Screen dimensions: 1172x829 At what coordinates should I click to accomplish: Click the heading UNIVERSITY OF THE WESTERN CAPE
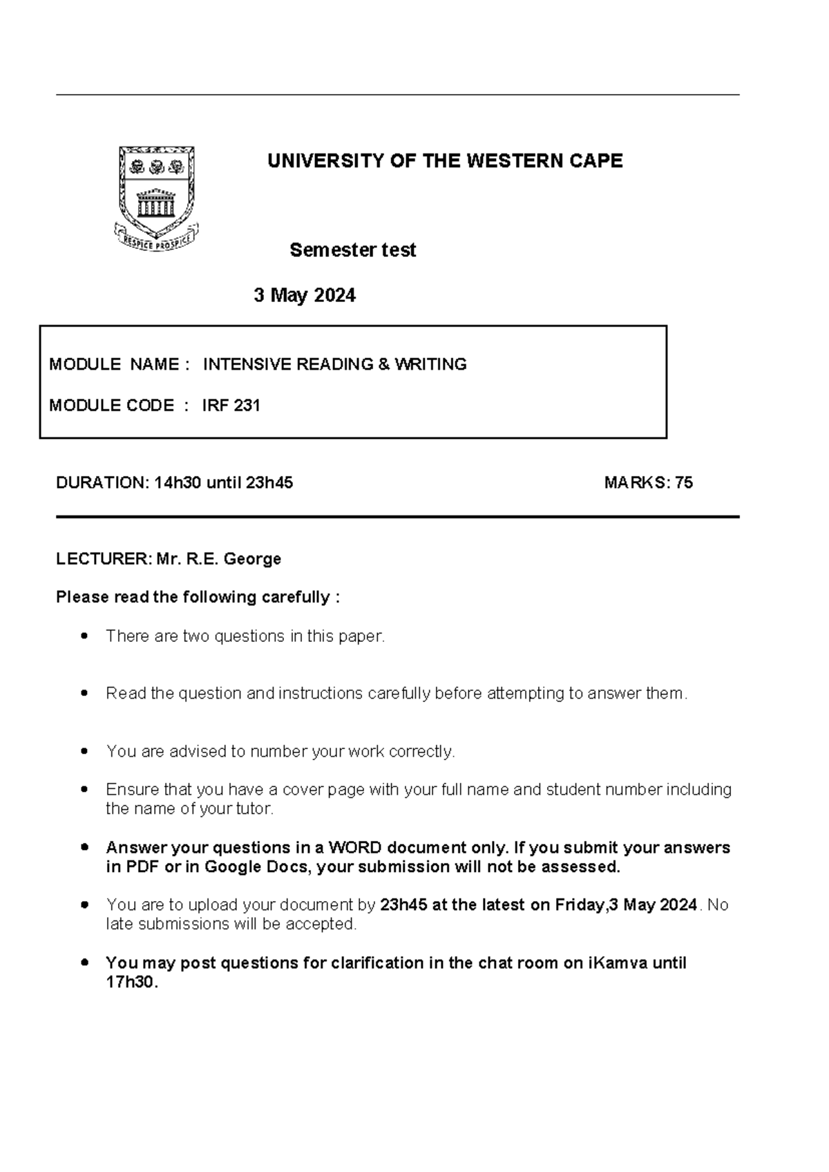tap(445, 161)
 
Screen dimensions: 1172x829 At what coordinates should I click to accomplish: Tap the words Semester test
tap(352, 250)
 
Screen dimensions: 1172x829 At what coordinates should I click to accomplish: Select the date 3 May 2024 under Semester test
tap(305, 296)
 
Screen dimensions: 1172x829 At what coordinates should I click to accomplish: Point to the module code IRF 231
tap(231, 406)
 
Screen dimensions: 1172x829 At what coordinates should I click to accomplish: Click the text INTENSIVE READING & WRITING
tap(334, 364)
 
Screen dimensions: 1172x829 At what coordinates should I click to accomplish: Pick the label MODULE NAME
tap(115, 364)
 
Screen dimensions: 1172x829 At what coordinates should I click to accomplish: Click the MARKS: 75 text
tap(648, 483)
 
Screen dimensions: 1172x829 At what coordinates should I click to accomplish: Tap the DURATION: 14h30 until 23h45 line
tap(174, 483)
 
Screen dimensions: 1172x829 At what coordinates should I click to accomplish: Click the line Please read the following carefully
tap(198, 597)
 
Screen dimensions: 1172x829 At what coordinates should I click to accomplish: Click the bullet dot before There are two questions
tap(84, 636)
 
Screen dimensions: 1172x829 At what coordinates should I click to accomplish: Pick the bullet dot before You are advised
tap(84, 751)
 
